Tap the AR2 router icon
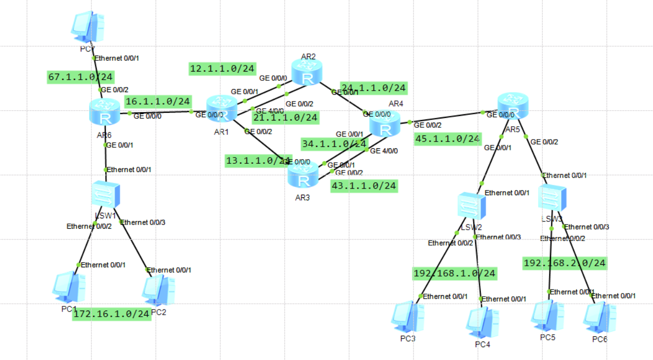pyautogui.click(x=307, y=73)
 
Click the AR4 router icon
pyautogui.click(x=385, y=124)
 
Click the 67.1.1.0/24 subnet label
pyautogui.click(x=80, y=77)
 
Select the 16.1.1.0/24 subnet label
pyautogui.click(x=158, y=101)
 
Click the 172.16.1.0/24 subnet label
pyautogui.click(x=112, y=314)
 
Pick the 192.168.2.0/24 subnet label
pyautogui.click(x=564, y=263)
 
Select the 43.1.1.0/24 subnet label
pyautogui.click(x=364, y=185)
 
